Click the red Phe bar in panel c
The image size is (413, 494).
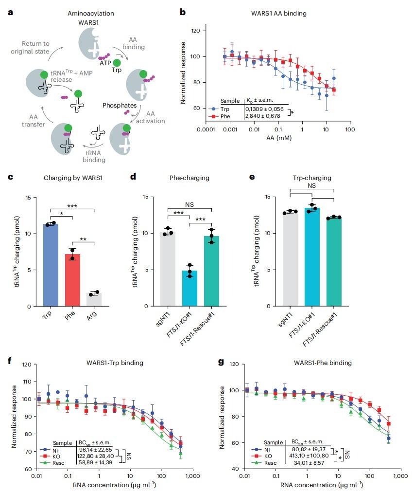(73, 280)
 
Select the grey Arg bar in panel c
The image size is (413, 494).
(94, 300)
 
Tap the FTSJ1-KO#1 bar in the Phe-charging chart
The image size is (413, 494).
(189, 288)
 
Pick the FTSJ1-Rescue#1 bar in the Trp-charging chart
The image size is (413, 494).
(334, 262)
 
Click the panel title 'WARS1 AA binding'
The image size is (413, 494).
(279, 13)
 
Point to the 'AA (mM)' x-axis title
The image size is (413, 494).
(279, 138)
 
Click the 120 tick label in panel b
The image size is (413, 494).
(195, 31)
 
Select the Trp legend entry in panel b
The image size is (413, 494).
(220, 109)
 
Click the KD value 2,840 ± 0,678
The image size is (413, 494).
(263, 116)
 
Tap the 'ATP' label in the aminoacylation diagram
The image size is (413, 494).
(105, 63)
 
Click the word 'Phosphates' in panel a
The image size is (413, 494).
(120, 105)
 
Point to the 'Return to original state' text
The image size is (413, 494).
(30, 47)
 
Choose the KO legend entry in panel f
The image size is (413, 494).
(51, 456)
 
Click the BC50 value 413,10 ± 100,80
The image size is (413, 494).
(309, 456)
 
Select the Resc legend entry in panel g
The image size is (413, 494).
(264, 463)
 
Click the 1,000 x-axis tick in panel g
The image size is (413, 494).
(400, 476)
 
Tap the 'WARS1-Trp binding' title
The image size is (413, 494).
(115, 363)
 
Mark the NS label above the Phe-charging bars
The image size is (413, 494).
(189, 204)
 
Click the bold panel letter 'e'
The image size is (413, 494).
(252, 177)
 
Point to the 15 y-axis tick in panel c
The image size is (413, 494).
(28, 198)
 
